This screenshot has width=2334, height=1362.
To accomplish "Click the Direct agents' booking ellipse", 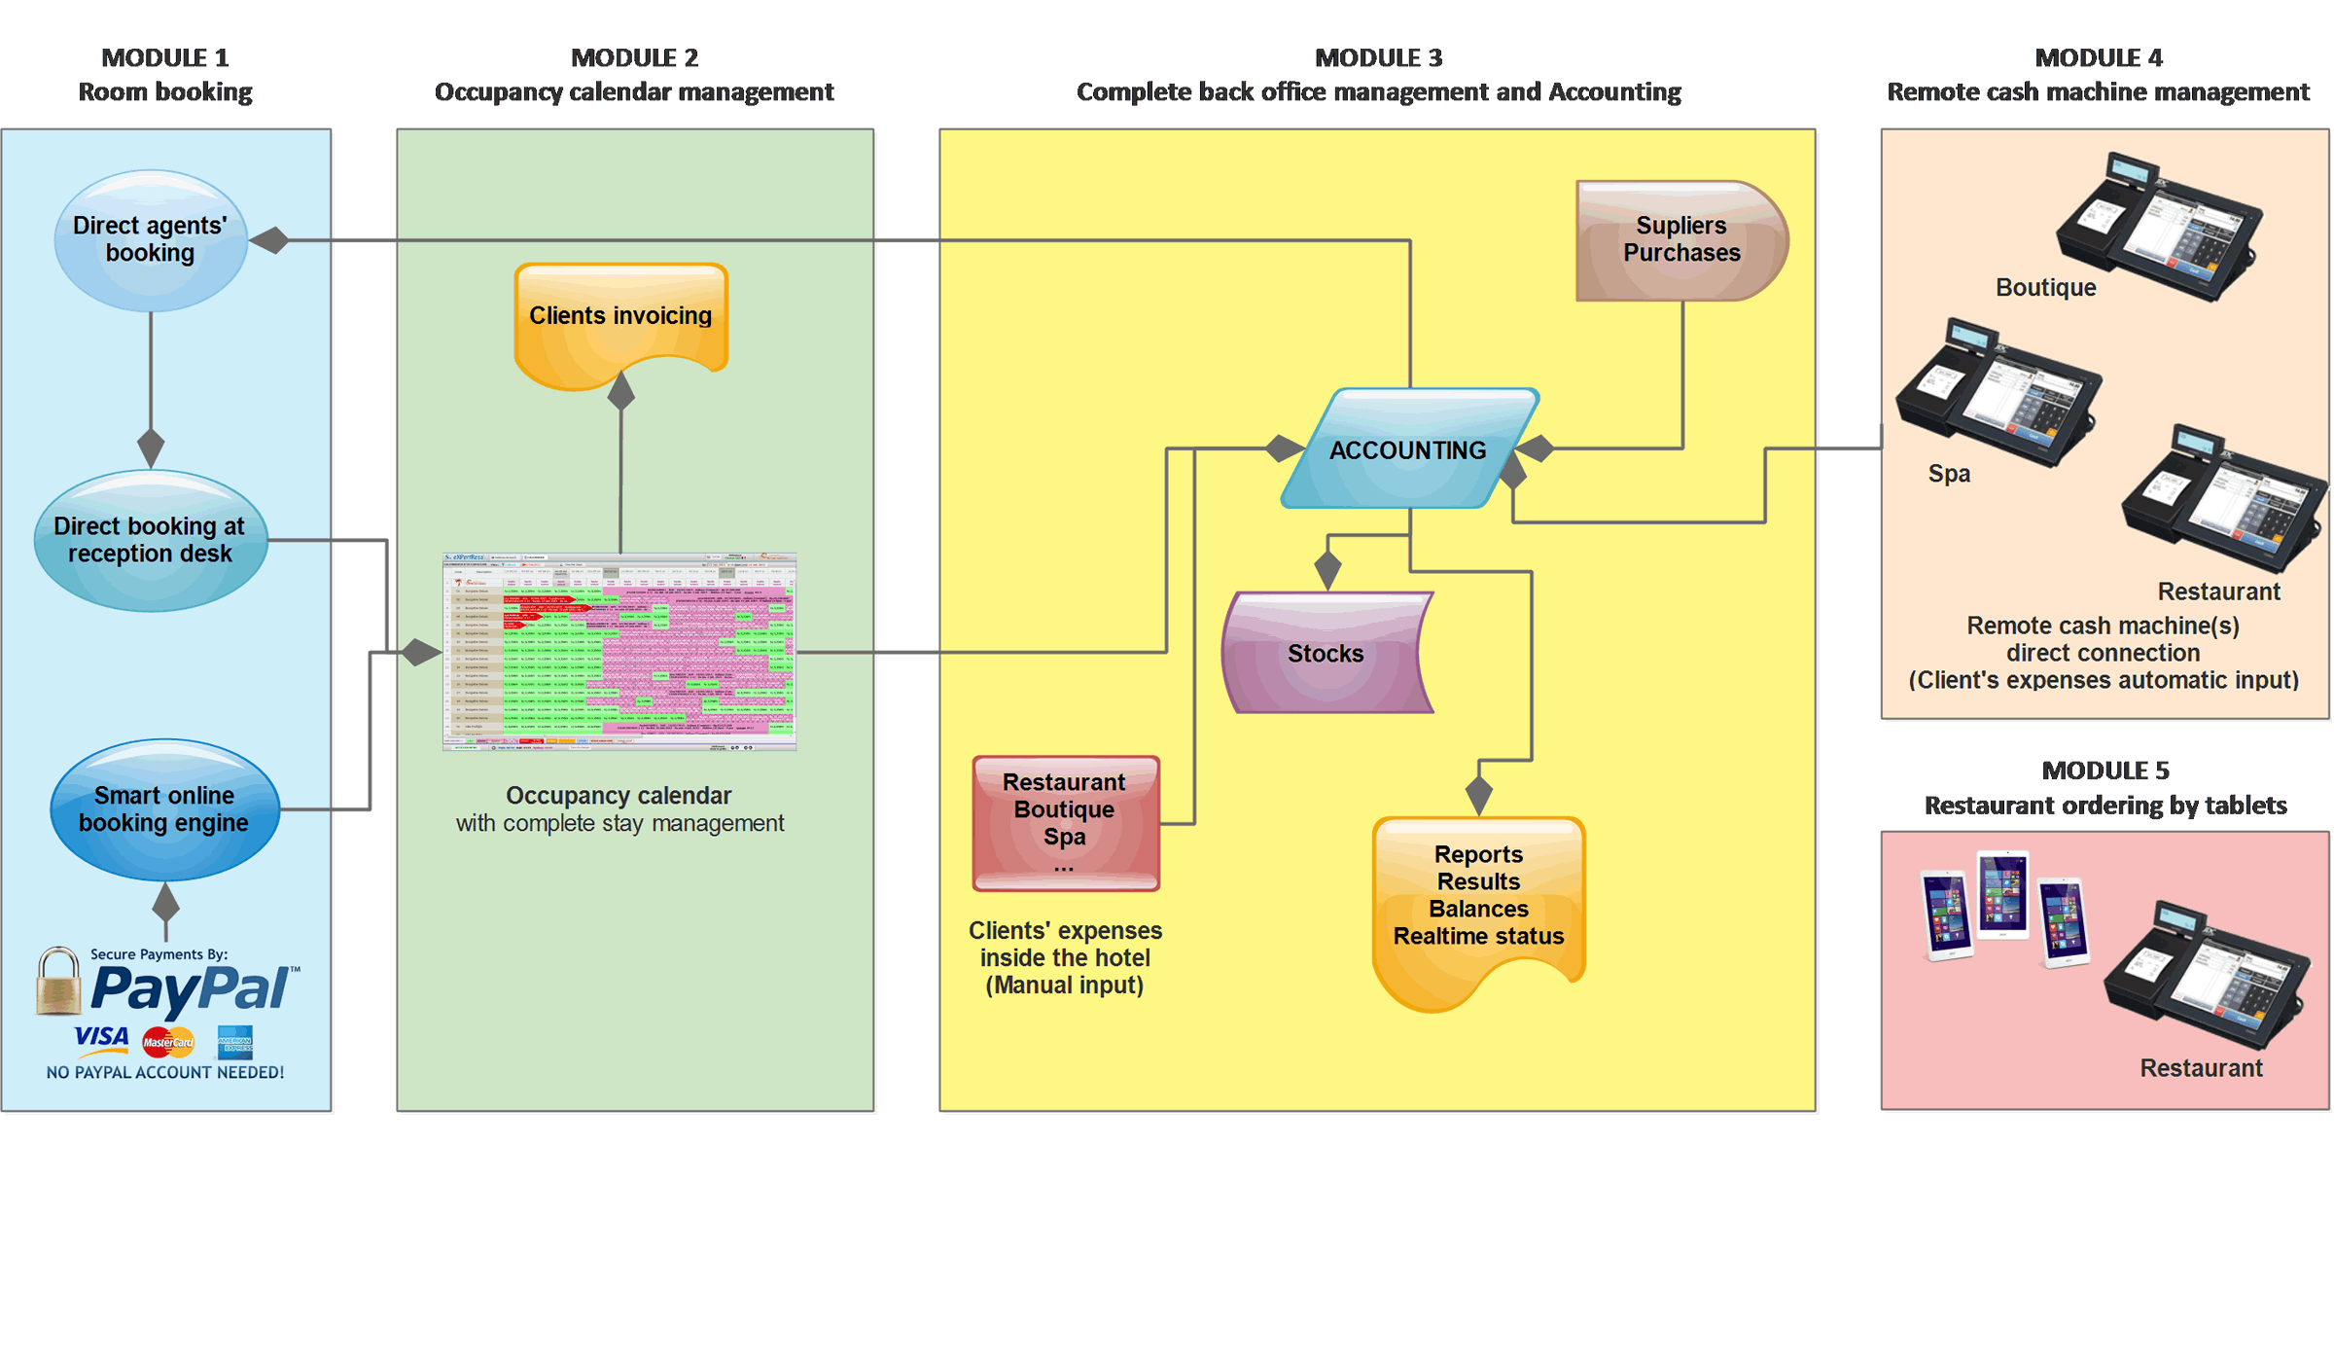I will pyautogui.click(x=151, y=240).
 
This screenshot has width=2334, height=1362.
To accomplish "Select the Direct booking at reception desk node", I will pyautogui.click(x=151, y=540).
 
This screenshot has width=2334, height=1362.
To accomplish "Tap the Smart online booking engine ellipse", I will pyautogui.click(x=164, y=809).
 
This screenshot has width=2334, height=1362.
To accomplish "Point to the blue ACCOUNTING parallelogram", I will pyautogui.click(x=1408, y=449).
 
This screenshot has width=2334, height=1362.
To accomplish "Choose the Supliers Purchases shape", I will pyautogui.click(x=1681, y=240).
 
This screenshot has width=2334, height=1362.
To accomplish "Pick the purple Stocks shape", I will pyautogui.click(x=1326, y=653).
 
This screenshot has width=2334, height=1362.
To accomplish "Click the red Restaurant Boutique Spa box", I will pyautogui.click(x=1066, y=823).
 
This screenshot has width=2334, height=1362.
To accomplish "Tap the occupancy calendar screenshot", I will pyautogui.click(x=619, y=652).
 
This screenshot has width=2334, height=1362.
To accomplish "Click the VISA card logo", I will pyautogui.click(x=102, y=1038).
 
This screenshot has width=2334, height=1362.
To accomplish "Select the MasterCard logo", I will pyautogui.click(x=168, y=1042).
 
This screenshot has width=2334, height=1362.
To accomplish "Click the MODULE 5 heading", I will pyautogui.click(x=2105, y=771).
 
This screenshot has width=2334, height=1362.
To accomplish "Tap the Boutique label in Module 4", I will pyautogui.click(x=2046, y=288).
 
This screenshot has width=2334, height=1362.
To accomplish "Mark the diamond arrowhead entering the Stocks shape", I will pyautogui.click(x=1327, y=568).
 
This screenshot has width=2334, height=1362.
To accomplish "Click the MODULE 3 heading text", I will pyautogui.click(x=1378, y=58).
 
